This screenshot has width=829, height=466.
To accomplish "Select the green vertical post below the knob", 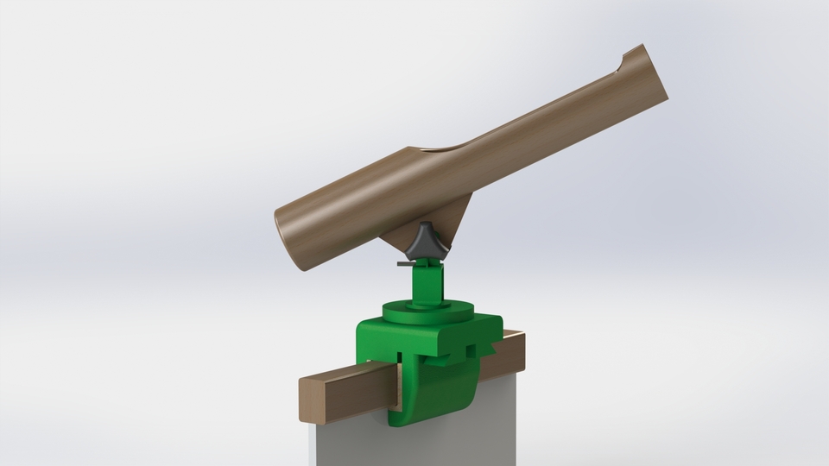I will [429, 280].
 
